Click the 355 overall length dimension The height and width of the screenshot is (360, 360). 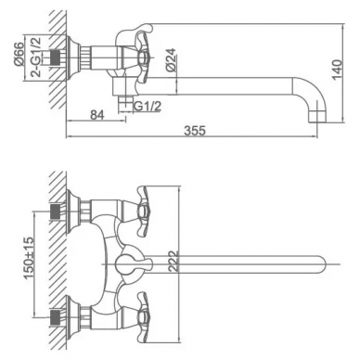(195, 131)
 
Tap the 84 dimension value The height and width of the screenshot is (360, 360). (97, 115)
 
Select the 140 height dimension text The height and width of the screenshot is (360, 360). (337, 70)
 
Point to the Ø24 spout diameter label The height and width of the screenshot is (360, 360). (170, 60)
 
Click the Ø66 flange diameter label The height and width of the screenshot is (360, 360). (19, 54)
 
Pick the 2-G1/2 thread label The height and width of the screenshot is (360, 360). (36, 57)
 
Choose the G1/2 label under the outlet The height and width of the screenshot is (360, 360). (148, 107)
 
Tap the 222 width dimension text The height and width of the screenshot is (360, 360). (174, 262)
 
